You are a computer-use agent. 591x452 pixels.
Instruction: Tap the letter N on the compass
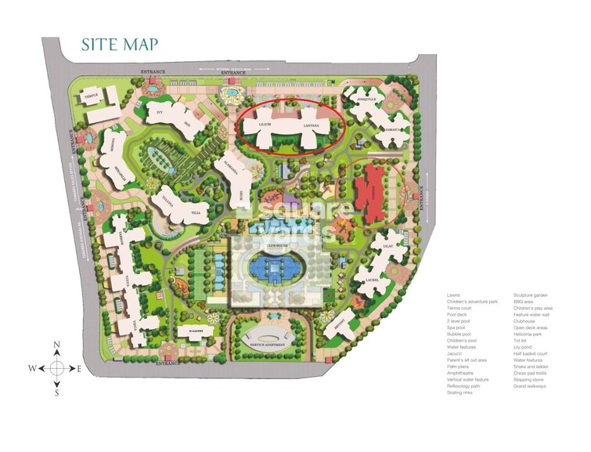57,345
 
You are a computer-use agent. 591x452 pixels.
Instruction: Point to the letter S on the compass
57,393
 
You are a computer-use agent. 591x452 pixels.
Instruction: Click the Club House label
277,245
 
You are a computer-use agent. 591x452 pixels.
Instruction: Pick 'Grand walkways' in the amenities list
531,385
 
